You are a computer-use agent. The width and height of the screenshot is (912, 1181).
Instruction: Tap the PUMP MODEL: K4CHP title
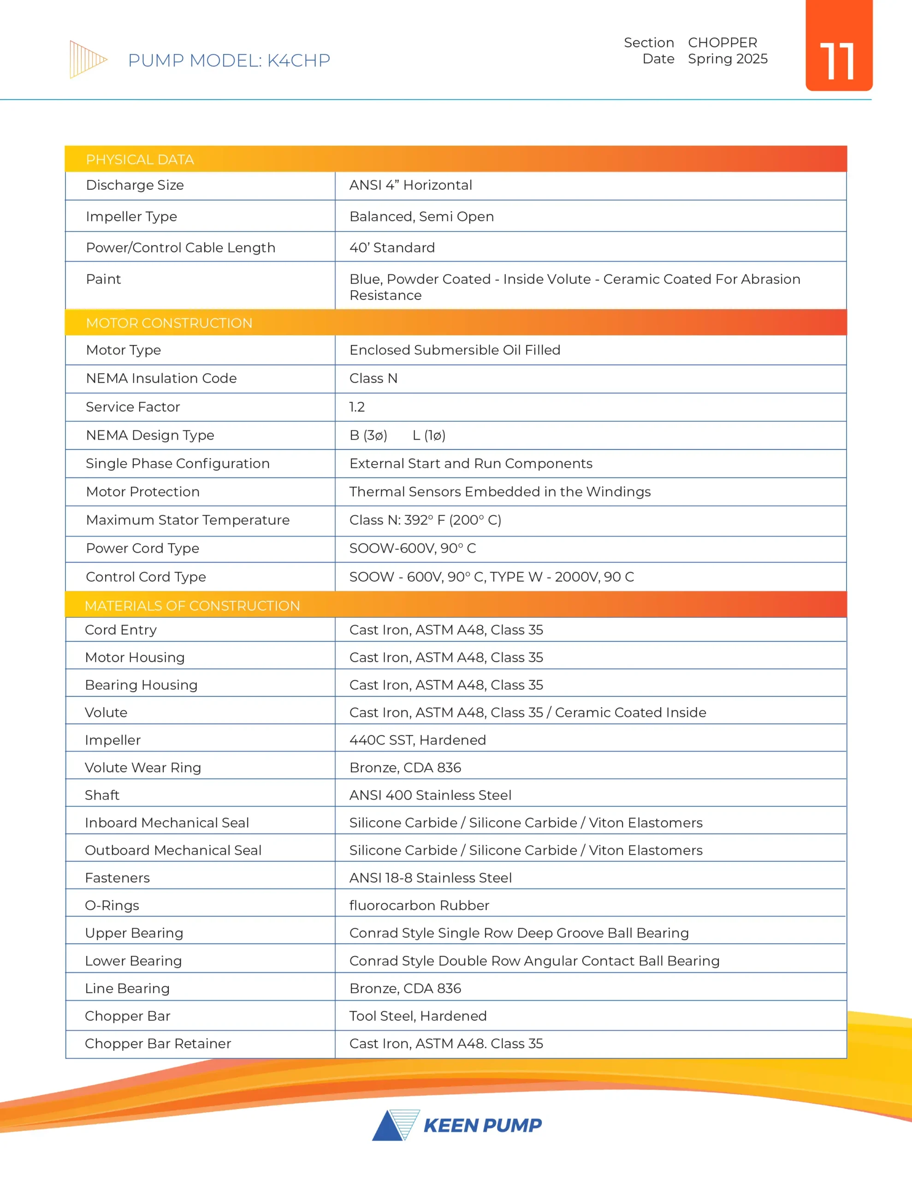tap(229, 60)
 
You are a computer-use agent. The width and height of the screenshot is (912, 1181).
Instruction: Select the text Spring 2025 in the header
tap(727, 59)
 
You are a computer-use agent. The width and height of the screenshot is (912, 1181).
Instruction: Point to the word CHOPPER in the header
tap(722, 43)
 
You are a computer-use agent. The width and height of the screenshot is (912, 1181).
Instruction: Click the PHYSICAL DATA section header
tap(140, 160)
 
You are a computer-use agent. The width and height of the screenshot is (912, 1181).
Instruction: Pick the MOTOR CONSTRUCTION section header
tap(169, 323)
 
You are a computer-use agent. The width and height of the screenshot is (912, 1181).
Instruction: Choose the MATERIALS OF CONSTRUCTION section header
tap(192, 606)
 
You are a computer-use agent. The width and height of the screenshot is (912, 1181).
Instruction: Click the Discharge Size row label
tap(135, 185)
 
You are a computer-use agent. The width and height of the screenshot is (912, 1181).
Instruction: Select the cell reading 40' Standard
tap(392, 248)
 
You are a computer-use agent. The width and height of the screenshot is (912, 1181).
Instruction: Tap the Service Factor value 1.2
tap(357, 406)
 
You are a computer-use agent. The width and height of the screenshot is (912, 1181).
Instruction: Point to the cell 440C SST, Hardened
tap(417, 740)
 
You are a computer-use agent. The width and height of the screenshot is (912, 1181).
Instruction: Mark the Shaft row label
tap(102, 795)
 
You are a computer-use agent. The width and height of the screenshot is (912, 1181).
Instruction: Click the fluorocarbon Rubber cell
tap(419, 905)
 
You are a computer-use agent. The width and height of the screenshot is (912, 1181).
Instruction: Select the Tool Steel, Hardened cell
tap(418, 1015)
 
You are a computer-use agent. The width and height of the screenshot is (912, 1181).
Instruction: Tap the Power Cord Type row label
tap(142, 549)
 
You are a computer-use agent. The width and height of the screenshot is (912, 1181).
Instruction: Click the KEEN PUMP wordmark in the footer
tap(482, 1125)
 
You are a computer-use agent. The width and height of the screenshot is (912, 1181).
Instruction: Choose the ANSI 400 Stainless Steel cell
tap(430, 795)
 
